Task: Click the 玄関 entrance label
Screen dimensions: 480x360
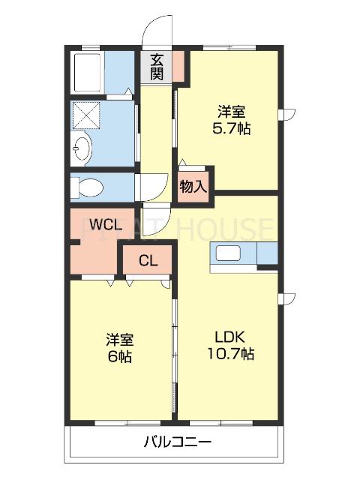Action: (156, 67)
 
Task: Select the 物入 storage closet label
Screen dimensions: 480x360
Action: (192, 186)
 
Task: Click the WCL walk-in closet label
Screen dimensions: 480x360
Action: (102, 223)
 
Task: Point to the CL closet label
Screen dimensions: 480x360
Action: (148, 262)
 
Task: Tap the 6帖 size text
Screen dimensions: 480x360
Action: (119, 356)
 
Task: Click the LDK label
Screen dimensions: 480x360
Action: (230, 336)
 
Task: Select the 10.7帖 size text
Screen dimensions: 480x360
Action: (230, 353)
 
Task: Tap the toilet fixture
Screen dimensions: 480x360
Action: (89, 186)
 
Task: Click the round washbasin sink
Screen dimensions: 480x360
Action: (82, 149)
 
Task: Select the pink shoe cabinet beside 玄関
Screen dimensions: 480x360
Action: (179, 66)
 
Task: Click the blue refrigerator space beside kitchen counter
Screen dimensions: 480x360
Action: (268, 254)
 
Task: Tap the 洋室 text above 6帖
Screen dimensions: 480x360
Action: (119, 339)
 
